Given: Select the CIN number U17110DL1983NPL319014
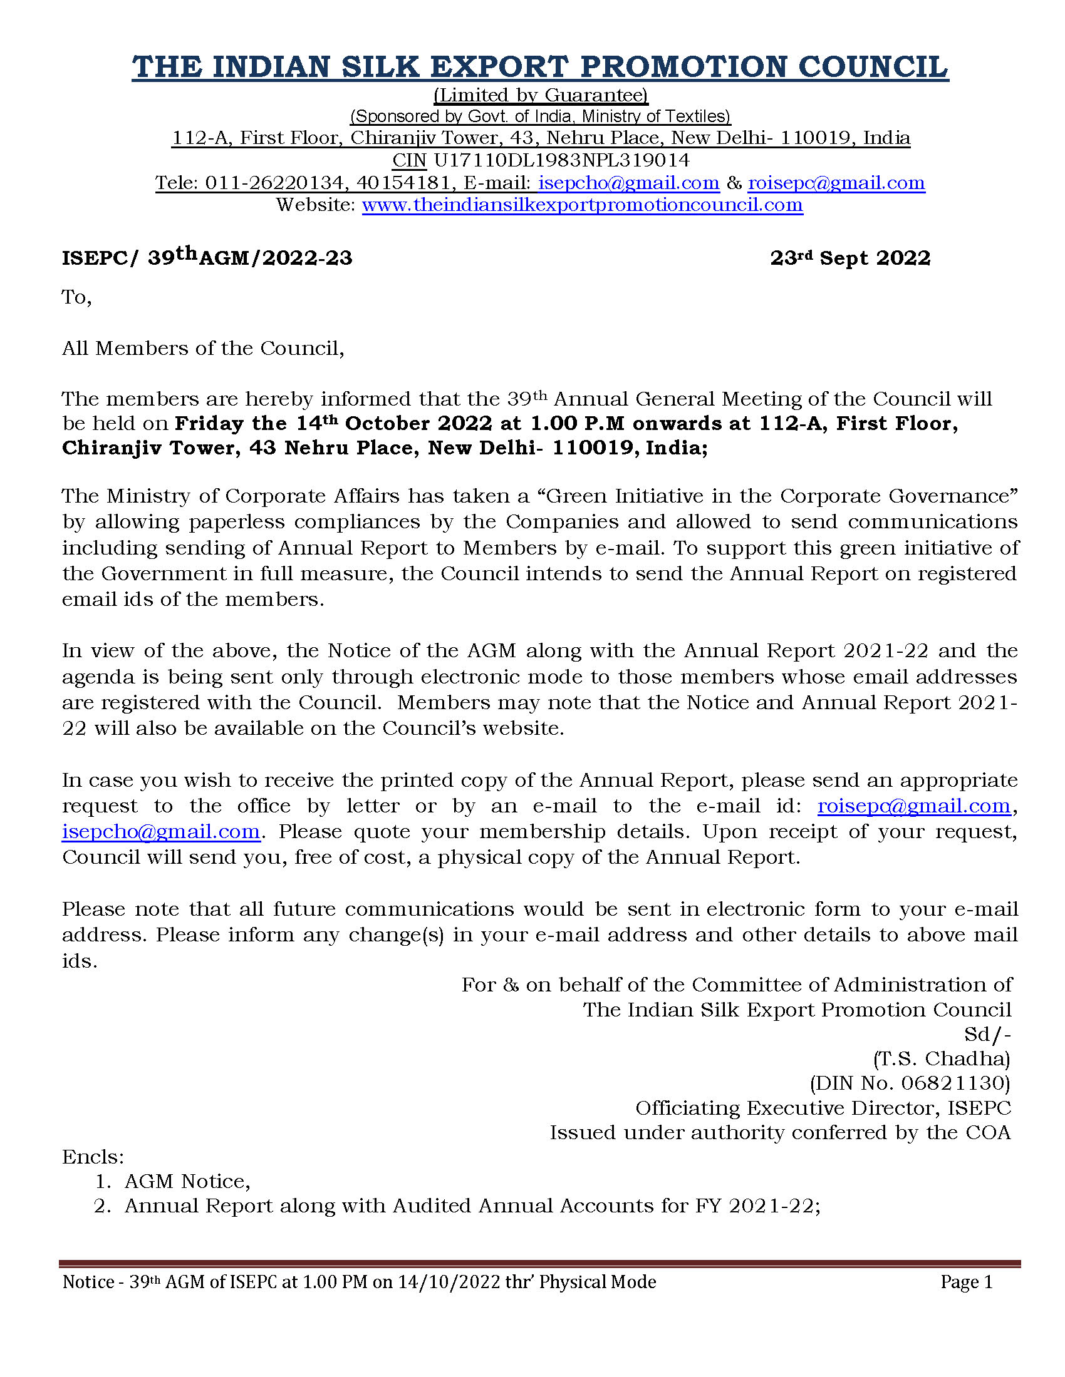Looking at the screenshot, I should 561,160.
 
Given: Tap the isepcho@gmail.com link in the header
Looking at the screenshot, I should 628,183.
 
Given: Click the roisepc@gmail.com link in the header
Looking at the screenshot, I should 836,183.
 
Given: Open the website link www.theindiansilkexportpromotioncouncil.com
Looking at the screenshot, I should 583,205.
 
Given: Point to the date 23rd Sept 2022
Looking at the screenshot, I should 850,258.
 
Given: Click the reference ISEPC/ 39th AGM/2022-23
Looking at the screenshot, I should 207,257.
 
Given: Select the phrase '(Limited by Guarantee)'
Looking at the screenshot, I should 541,95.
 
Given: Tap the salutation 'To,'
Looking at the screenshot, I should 76,297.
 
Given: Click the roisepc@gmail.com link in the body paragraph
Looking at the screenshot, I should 913,806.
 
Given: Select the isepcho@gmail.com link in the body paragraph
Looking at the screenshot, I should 161,832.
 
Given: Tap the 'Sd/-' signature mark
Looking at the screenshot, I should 987,1035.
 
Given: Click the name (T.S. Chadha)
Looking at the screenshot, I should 942,1058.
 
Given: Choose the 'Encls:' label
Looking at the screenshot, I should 93,1157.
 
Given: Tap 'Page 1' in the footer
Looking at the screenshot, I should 967,1282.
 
